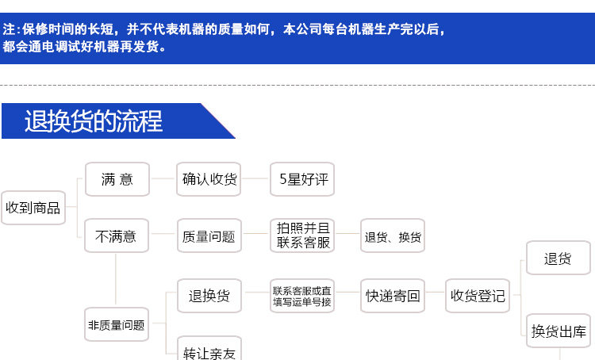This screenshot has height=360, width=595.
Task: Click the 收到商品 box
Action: [33, 208]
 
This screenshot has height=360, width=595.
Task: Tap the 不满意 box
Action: [117, 236]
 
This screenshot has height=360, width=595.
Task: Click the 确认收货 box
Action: [209, 179]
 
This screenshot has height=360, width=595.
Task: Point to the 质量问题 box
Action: [209, 236]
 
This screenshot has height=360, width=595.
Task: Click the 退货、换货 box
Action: [393, 236]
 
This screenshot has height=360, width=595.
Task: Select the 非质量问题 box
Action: [117, 324]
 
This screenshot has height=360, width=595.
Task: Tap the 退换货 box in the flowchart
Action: [209, 296]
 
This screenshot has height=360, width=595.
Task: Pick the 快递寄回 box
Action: [393, 296]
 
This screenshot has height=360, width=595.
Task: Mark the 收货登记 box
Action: [478, 296]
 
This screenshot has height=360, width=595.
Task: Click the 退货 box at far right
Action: [558, 259]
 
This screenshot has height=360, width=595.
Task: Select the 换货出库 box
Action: [558, 331]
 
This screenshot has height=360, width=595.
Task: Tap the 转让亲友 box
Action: [209, 351]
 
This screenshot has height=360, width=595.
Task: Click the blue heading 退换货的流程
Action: [94, 121]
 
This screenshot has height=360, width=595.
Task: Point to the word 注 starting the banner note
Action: [9, 30]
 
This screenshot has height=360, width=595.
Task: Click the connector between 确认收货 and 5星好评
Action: [255, 179]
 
